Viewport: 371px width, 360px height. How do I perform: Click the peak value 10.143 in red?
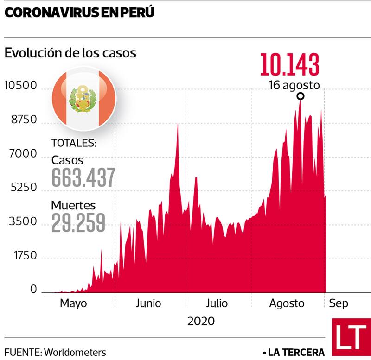[x=290, y=65]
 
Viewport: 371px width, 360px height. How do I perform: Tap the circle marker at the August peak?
[x=301, y=96]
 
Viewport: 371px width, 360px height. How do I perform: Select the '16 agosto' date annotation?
[x=294, y=85]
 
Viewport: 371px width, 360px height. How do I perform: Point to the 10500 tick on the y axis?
[x=20, y=86]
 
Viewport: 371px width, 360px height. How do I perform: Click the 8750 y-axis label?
[x=23, y=120]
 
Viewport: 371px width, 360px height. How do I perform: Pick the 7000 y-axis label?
[x=23, y=153]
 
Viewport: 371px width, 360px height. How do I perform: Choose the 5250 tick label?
[x=23, y=188]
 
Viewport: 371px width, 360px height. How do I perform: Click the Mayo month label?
[x=74, y=303]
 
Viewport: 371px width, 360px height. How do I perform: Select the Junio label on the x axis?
[x=148, y=303]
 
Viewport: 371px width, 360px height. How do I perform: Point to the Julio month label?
[x=217, y=303]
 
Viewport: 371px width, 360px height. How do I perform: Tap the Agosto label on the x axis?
[x=287, y=303]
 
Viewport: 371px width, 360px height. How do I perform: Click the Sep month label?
[x=338, y=303]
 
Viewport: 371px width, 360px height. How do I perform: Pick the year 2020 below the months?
[x=201, y=321]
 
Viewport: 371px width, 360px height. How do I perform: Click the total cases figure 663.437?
[x=83, y=178]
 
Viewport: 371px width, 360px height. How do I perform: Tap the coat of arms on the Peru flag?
[x=83, y=98]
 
